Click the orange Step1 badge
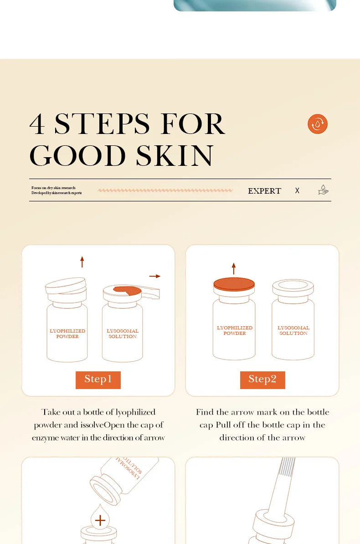click(x=98, y=380)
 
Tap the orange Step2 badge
click(x=262, y=380)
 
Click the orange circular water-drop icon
click(x=318, y=124)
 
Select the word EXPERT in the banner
click(x=264, y=191)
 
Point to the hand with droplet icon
click(x=323, y=190)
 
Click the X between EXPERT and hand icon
click(x=297, y=191)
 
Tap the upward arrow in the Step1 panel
click(x=82, y=262)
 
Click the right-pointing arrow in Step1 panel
click(x=155, y=276)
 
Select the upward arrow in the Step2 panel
click(x=234, y=268)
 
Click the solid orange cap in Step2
click(x=234, y=284)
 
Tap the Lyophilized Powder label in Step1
click(x=67, y=334)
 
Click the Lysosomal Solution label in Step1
click(x=123, y=334)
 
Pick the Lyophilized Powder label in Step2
click(x=235, y=330)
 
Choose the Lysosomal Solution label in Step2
click(x=293, y=330)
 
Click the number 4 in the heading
click(x=37, y=124)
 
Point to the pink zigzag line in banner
click(x=165, y=190)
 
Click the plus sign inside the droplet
click(x=100, y=520)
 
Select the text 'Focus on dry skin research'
click(x=53, y=188)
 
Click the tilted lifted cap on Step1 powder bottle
click(x=66, y=285)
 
